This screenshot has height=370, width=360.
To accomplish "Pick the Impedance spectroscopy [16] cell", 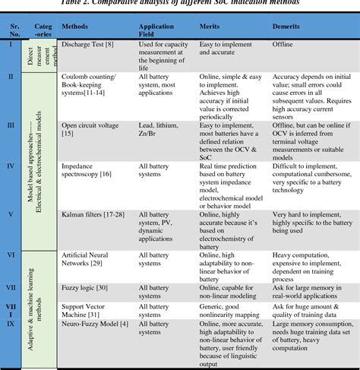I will [77, 168].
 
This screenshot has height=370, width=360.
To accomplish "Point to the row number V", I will [10, 213].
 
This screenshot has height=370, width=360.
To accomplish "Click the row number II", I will [10, 77].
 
